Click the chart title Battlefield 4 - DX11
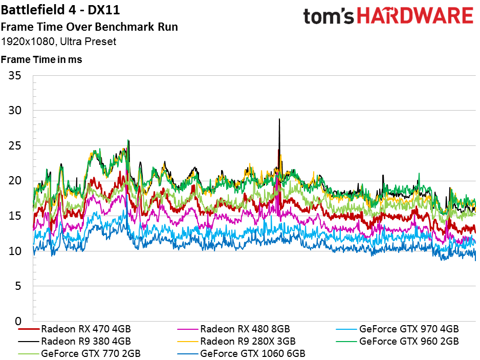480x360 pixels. (x=60, y=10)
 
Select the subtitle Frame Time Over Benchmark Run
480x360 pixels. (x=89, y=27)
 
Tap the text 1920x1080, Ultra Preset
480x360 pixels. (x=58, y=41)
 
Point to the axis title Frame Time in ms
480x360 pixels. (x=41, y=59)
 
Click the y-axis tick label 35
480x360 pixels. (x=15, y=75)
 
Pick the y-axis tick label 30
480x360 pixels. (x=15, y=110)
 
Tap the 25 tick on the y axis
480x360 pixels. (x=15, y=145)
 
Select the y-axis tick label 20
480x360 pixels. (x=15, y=180)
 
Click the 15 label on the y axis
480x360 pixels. (x=15, y=216)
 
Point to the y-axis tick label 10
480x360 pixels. (x=15, y=251)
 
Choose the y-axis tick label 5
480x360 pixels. (x=18, y=286)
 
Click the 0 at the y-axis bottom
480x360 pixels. (x=18, y=321)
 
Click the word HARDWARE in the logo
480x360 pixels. (x=416, y=16)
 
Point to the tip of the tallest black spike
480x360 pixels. (x=279, y=119)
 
